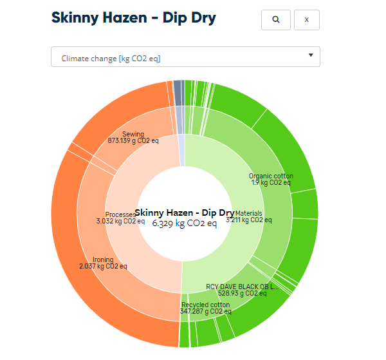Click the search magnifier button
276,20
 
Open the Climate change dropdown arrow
311,55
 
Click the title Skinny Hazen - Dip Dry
133,18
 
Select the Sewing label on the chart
133,134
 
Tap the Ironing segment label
103,260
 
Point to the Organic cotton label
271,176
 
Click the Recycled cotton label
205,305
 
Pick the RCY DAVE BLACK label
243,287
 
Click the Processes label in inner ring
120,214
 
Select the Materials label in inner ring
248,213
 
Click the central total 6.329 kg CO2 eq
185,224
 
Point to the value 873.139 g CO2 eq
133,140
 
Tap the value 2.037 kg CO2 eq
103,266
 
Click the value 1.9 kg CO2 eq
271,182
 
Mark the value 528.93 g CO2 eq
242,293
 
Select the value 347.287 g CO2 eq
205,311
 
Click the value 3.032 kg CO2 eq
120,221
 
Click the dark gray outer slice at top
177,87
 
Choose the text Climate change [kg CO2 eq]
111,59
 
